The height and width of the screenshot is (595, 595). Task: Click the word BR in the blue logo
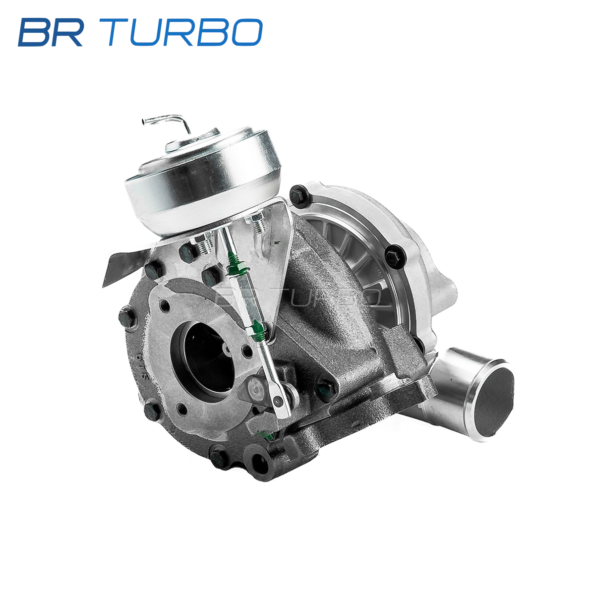click(51, 32)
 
